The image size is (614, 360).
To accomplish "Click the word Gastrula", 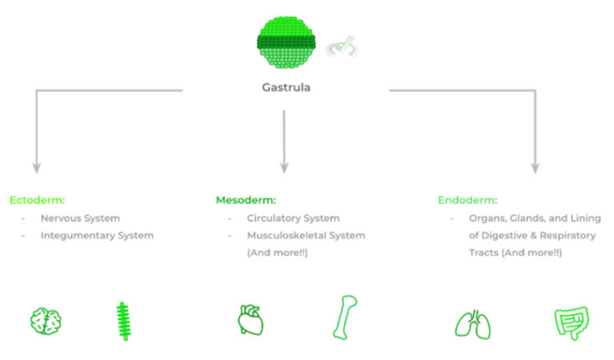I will (285, 87).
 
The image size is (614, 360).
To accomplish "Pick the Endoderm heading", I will (468, 200).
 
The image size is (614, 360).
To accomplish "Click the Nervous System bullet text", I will (80, 218).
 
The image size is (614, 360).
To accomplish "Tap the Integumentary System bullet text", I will (97, 235).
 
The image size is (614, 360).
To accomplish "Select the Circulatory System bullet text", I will (293, 218).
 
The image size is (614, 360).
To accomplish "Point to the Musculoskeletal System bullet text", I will (305, 235).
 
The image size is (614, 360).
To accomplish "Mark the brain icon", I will (46, 321).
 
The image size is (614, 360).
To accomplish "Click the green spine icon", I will (122, 321).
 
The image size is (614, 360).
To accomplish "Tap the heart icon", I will (249, 320).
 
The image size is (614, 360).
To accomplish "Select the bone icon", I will (345, 317).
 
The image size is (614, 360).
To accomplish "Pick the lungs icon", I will (472, 323).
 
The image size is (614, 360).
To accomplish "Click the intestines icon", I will (569, 323).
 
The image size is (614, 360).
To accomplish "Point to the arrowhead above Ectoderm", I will (35, 168).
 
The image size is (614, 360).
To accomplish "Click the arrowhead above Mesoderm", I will (284, 168).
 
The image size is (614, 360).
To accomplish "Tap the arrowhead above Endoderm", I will (535, 168).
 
